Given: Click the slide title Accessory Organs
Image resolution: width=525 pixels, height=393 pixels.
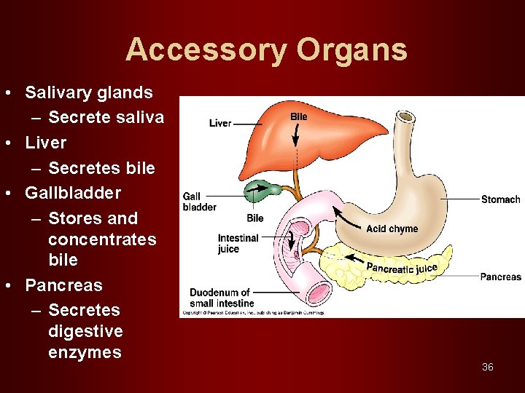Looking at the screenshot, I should click(x=266, y=49).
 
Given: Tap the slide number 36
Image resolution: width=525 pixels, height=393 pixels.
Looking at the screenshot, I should click(x=488, y=367).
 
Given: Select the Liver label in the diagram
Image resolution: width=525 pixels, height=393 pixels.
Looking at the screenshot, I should click(x=220, y=123).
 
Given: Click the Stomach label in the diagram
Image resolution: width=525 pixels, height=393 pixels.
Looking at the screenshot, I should click(x=501, y=199).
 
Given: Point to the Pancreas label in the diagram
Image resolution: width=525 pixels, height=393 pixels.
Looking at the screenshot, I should click(x=501, y=277).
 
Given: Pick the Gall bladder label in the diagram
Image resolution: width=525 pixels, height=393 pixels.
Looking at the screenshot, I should click(x=199, y=202).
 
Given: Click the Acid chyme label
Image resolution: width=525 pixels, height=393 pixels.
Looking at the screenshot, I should click(x=392, y=229).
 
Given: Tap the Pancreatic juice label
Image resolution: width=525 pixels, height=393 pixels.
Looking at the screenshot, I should click(x=402, y=269).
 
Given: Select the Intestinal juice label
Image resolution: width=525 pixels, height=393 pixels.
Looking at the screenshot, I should click(x=238, y=243).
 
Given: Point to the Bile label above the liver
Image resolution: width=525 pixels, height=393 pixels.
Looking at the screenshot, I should click(x=299, y=116).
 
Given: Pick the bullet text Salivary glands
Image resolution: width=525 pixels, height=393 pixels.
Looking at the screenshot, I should click(x=89, y=92).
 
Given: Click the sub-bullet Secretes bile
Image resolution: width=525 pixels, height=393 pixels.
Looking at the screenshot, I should click(x=101, y=168).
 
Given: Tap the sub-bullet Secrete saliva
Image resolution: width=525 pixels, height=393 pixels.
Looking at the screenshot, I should click(x=106, y=117).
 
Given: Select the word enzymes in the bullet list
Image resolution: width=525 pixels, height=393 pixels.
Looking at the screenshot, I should click(x=85, y=353).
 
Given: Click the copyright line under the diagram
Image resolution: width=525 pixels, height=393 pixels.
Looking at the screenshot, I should click(x=252, y=313).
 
